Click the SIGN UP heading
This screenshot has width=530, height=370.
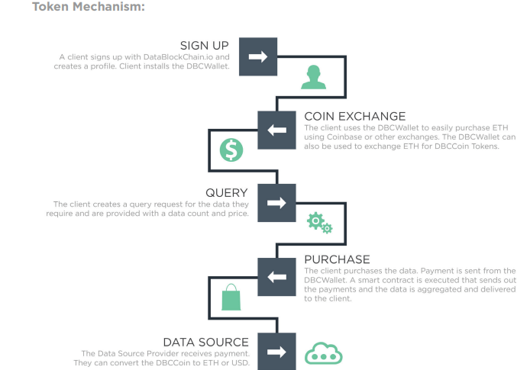point(204,46)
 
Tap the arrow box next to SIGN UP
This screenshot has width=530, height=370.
point(258,56)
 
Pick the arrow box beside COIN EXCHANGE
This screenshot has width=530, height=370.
point(276,129)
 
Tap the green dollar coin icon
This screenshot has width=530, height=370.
point(230,150)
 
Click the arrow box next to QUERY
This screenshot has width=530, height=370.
point(276,203)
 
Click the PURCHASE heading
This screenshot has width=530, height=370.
point(337,259)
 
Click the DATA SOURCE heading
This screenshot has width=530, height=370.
point(205,341)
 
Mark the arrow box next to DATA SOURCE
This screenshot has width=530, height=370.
point(276,351)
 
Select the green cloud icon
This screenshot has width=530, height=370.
point(324,352)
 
